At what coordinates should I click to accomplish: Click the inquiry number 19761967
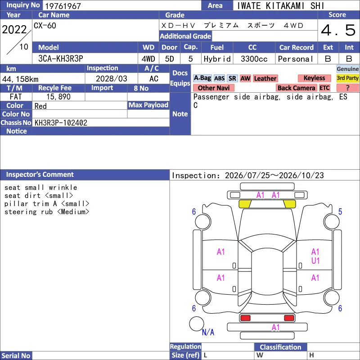point(63,6)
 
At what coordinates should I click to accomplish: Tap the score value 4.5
point(338,30)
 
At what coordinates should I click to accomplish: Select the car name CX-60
point(45,26)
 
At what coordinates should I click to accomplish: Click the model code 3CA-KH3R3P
point(61,58)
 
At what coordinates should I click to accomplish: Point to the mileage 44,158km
point(20,79)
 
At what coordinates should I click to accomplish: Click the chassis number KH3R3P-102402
point(61,122)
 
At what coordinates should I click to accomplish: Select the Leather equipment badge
point(265,78)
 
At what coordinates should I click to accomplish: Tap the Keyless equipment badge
point(314,78)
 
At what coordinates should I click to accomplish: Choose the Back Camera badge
point(296,88)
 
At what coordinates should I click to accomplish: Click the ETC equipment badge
point(324,88)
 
